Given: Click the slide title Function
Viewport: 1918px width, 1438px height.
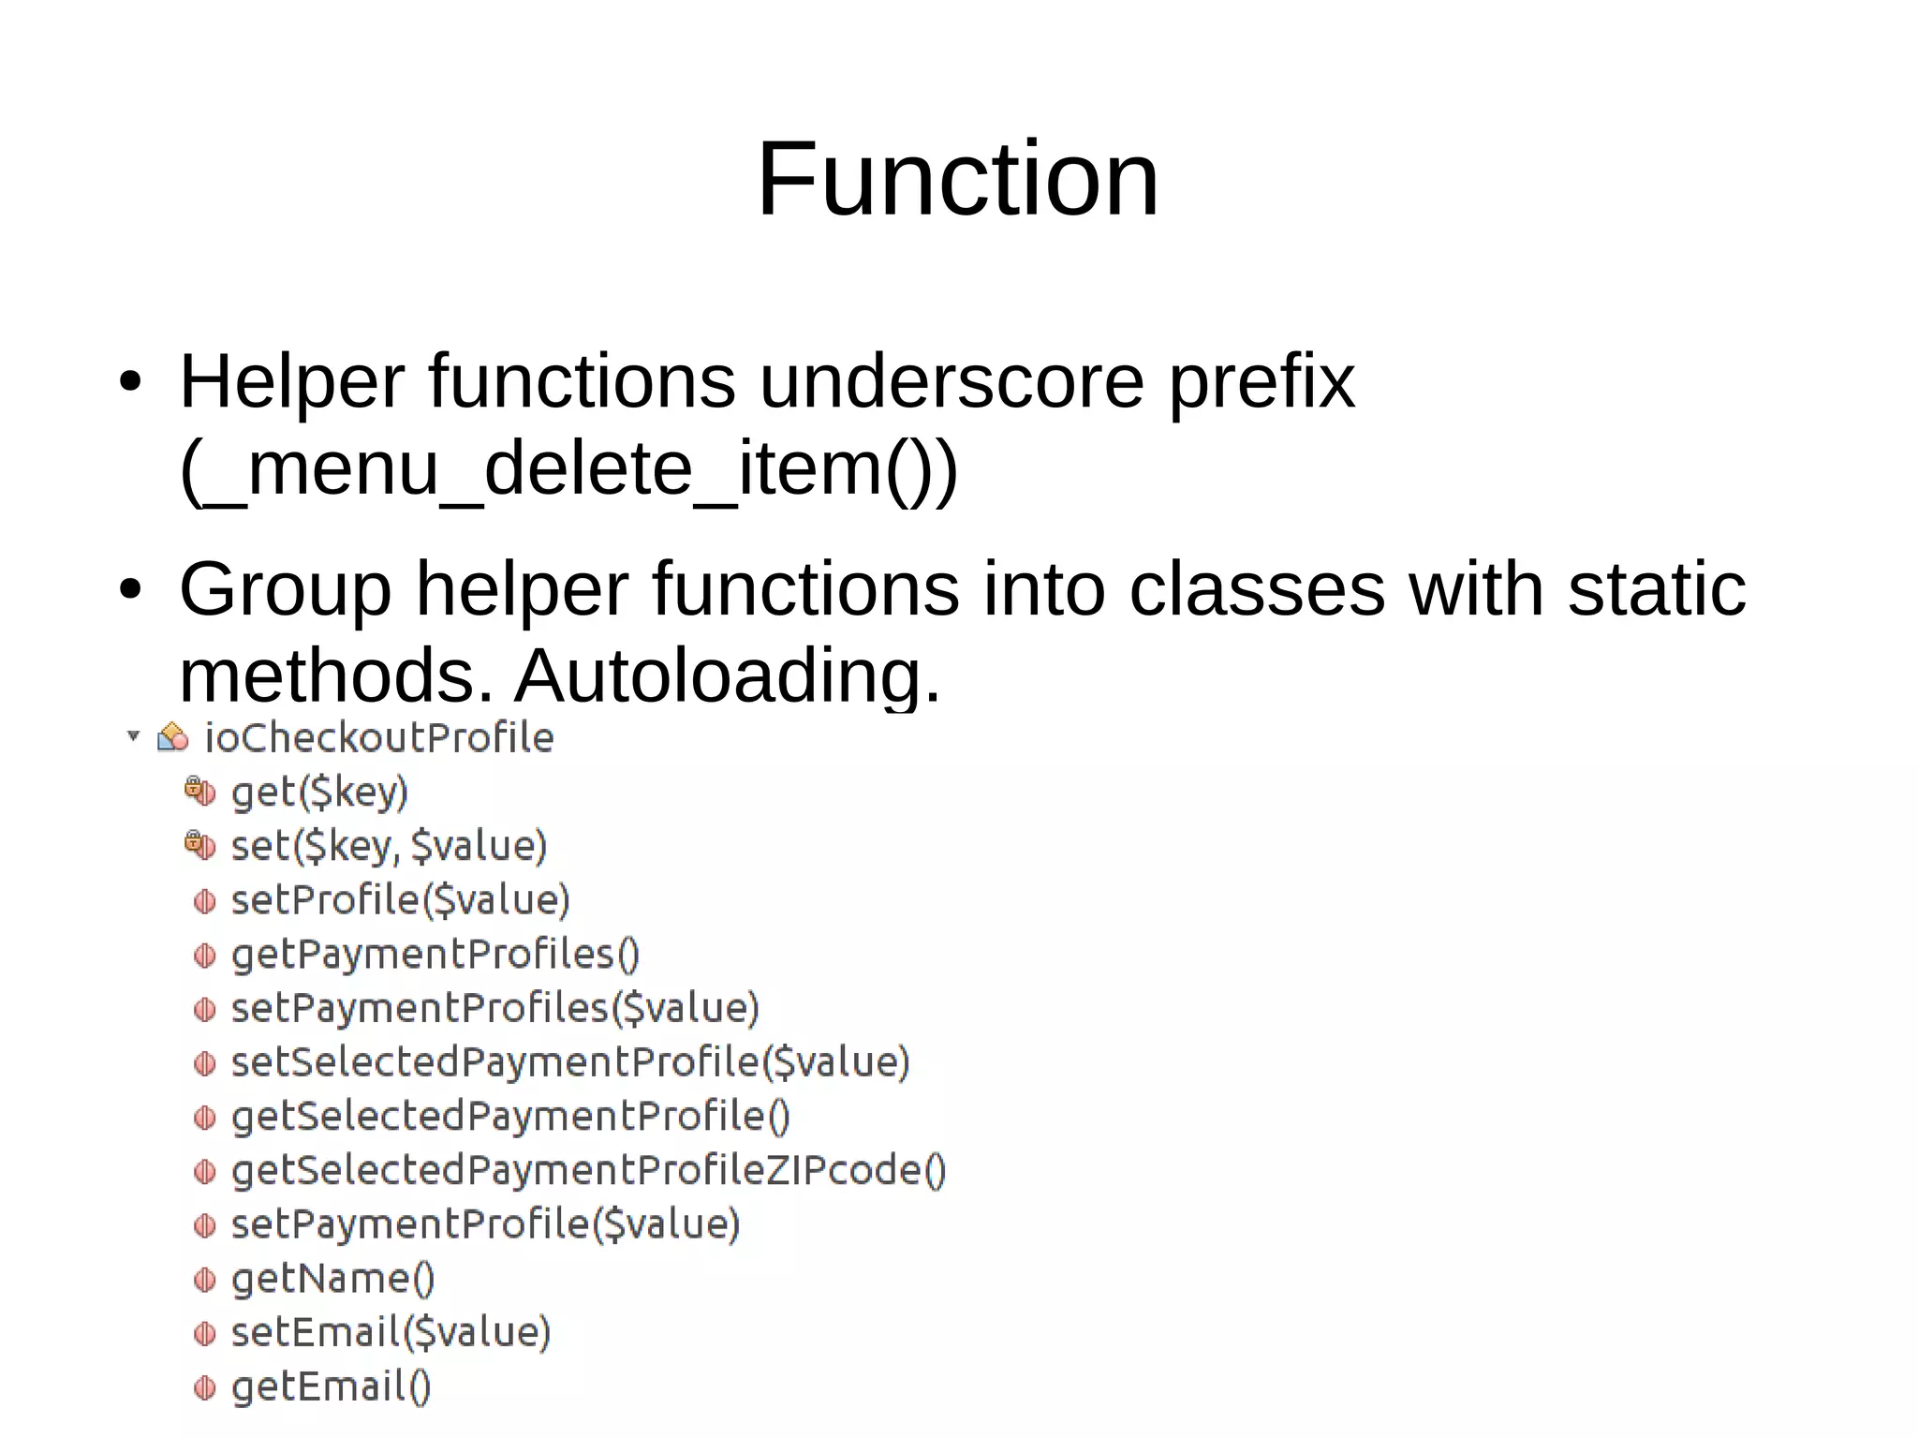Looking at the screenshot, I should point(957,179).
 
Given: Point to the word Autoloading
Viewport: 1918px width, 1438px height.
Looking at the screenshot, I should point(727,675).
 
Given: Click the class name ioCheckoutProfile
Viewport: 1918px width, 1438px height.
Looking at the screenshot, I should point(378,738).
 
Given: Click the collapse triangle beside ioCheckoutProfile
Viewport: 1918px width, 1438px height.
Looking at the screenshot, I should point(133,735).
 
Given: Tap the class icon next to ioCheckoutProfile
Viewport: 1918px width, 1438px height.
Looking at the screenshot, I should point(172,737).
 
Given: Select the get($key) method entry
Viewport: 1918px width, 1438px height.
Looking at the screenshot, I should point(319,793).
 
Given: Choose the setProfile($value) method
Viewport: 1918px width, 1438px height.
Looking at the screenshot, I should point(400,900).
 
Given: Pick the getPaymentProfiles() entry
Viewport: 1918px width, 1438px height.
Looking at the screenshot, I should point(435,955).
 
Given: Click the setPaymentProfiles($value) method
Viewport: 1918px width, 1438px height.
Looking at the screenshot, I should point(494,1009).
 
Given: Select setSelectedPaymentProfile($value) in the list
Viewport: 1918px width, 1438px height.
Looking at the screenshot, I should point(569,1062).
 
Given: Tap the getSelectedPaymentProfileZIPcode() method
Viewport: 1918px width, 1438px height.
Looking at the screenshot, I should point(588,1171).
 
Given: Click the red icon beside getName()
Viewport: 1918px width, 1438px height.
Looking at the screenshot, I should point(204,1280).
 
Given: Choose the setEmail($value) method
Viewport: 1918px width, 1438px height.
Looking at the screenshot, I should point(391,1333).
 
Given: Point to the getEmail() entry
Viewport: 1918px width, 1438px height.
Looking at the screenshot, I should point(331,1387).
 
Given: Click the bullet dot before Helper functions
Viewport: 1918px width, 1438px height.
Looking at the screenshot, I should point(130,382).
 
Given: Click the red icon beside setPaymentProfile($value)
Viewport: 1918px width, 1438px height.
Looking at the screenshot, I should point(204,1225).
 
